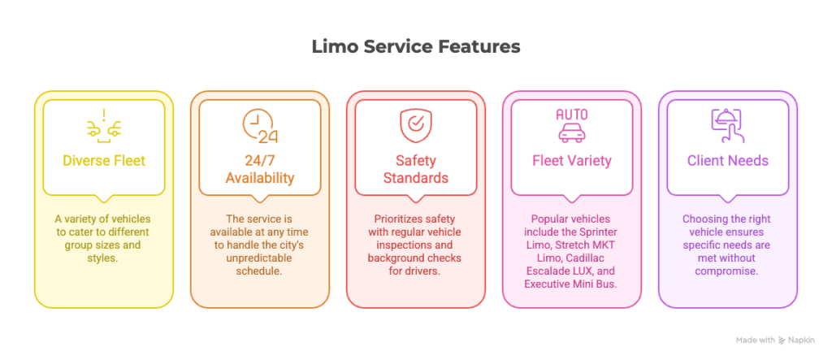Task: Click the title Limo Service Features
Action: [x=415, y=47]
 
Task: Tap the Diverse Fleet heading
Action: [x=104, y=160]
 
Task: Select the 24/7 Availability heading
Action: [x=260, y=168]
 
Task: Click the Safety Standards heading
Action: [x=416, y=168]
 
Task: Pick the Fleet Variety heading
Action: [x=572, y=160]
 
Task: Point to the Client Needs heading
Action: [x=727, y=160]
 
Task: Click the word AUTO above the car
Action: [x=572, y=114]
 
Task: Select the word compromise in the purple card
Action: [x=727, y=271]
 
